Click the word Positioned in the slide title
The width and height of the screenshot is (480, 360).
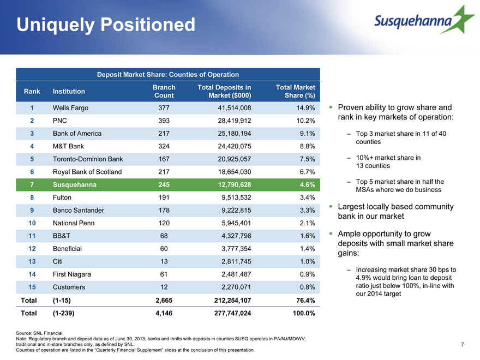[148, 25]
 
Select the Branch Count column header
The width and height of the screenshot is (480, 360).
[164, 91]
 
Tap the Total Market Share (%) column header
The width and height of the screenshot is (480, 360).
[296, 91]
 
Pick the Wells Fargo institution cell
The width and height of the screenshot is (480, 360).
[70, 108]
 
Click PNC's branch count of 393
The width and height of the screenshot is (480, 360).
[164, 121]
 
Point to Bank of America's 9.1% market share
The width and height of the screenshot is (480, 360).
[307, 134]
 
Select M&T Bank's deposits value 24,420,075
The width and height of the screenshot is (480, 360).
[235, 146]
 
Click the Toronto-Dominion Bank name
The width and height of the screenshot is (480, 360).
[88, 159]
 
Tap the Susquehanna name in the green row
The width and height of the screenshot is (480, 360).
[74, 184]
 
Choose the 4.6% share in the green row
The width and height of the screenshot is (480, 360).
[307, 184]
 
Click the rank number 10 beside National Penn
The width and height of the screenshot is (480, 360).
[32, 223]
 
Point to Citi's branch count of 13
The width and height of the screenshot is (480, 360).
[164, 261]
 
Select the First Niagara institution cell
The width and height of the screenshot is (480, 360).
[72, 274]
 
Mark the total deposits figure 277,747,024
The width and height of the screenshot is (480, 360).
[233, 313]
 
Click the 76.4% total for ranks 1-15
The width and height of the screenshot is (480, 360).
[305, 301]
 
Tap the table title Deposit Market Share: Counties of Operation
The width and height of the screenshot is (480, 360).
[168, 75]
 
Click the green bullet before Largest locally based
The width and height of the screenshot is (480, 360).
[331, 206]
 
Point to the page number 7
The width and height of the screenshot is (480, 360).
[462, 344]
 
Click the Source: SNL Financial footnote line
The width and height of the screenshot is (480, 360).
[40, 333]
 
